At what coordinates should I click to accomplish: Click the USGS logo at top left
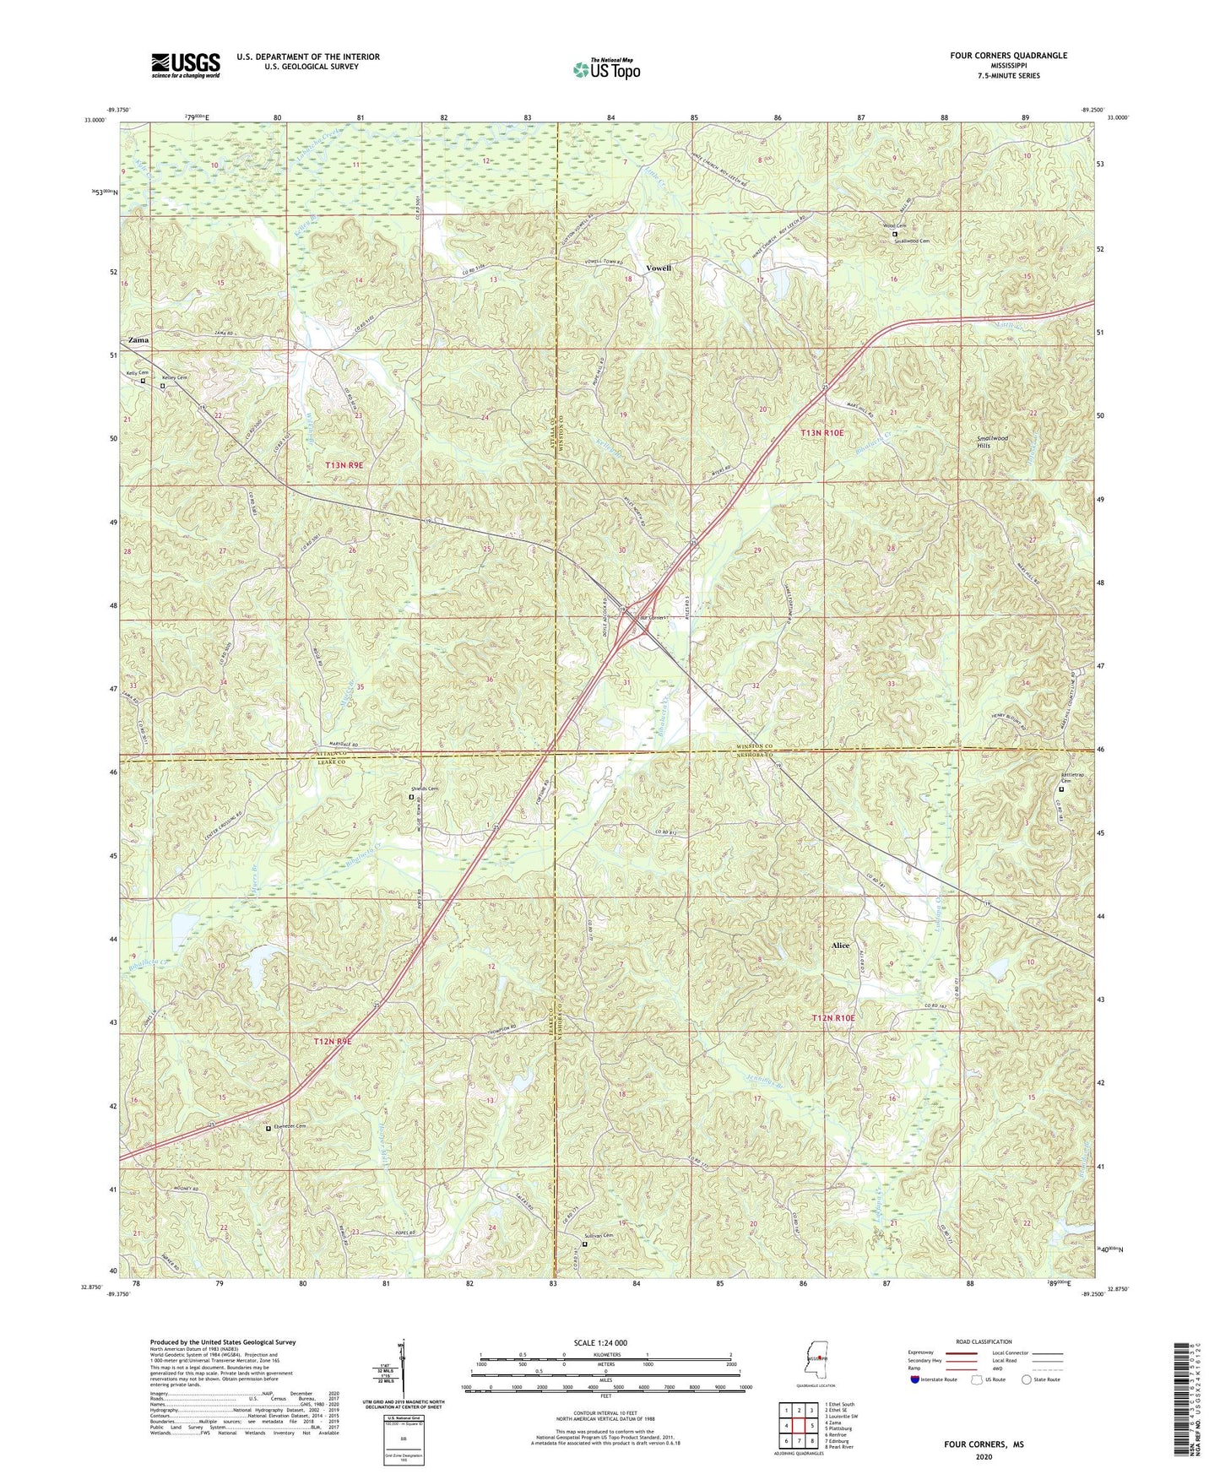[185, 64]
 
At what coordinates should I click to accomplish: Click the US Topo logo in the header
[605, 69]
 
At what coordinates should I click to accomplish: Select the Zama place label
[138, 339]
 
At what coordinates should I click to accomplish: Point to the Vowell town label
[659, 268]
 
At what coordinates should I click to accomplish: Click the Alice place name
[840, 946]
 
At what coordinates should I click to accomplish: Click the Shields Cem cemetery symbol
[412, 796]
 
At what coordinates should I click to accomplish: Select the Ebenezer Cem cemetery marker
[268, 1128]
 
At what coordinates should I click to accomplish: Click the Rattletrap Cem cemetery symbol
[1062, 789]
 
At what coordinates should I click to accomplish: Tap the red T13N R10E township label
[821, 432]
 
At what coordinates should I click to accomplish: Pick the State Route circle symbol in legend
[1026, 1379]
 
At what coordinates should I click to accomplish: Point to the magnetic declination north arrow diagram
[400, 1370]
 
